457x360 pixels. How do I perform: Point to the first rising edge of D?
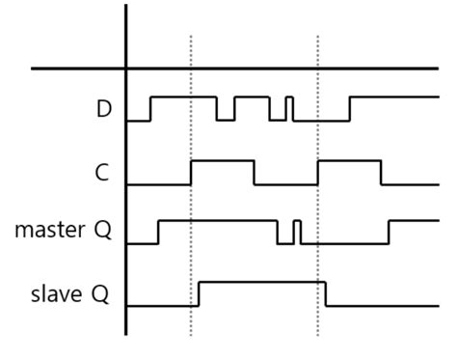pos(150,108)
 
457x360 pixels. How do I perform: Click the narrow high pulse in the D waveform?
pos(290,107)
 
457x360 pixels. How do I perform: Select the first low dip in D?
pos(226,111)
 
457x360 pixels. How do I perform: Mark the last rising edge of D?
pos(350,108)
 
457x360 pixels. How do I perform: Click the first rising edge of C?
pos(192,172)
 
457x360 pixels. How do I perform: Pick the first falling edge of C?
pos(255,172)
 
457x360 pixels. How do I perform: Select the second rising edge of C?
pos(318,172)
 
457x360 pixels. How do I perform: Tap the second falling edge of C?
pos(381,172)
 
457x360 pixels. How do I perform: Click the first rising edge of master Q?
pos(158,233)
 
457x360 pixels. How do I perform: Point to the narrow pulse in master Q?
pos(297,232)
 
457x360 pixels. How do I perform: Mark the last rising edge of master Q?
pos(390,233)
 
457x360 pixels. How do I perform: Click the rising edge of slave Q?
pos(199,293)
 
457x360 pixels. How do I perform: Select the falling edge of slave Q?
pos(325,293)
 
